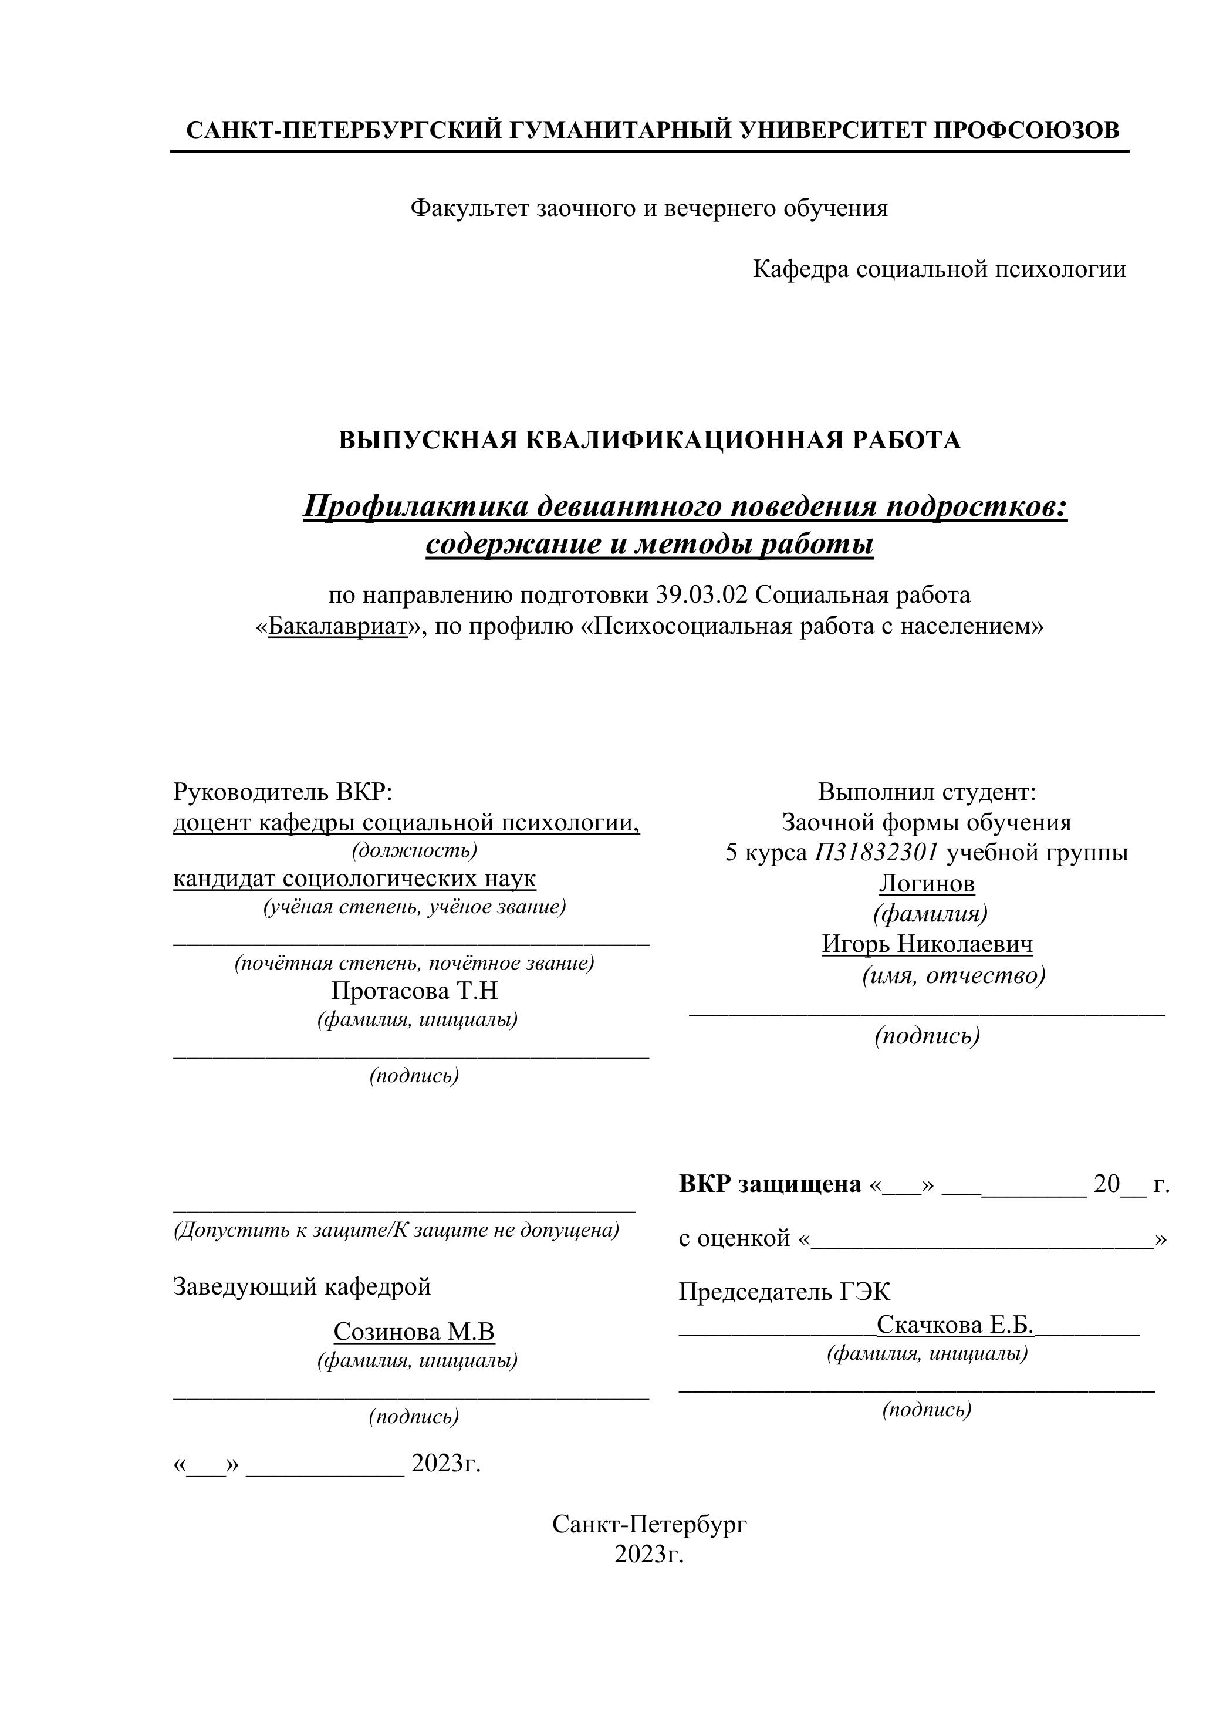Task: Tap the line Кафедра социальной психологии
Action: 939,269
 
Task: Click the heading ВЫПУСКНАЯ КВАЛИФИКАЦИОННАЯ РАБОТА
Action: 650,440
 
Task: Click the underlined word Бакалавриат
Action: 337,626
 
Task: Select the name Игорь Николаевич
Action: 927,944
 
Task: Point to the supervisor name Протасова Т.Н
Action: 414,991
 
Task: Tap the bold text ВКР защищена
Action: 770,1184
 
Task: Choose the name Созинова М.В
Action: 414,1331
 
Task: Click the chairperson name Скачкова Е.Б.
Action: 954,1325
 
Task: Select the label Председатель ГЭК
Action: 784,1292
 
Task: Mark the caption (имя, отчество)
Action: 953,975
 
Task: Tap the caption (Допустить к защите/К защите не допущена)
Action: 396,1230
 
